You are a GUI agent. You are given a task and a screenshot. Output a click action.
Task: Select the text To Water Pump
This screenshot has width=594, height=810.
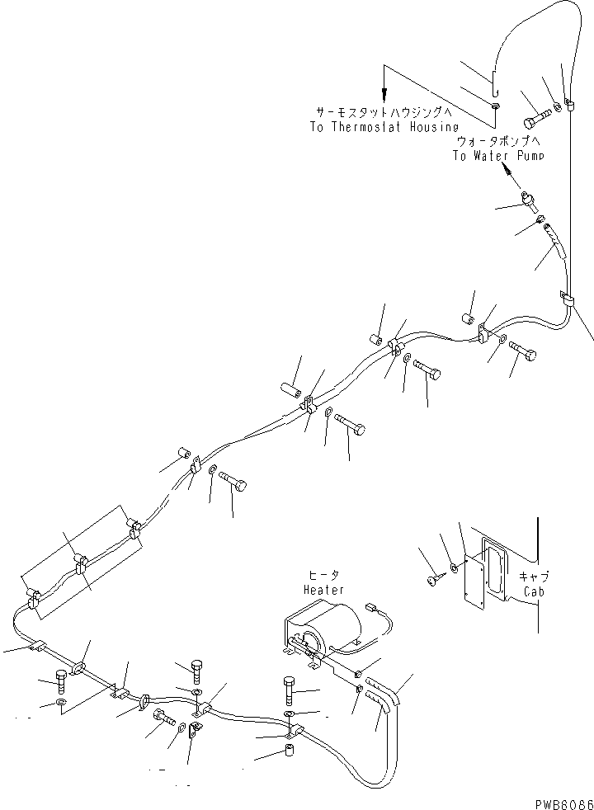pyautogui.click(x=498, y=156)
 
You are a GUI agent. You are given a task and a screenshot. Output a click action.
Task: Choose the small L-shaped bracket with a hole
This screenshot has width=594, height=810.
pyautogui.click(x=196, y=730)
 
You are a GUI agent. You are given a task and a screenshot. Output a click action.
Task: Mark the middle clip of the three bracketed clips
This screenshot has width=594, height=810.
pyautogui.click(x=81, y=565)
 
